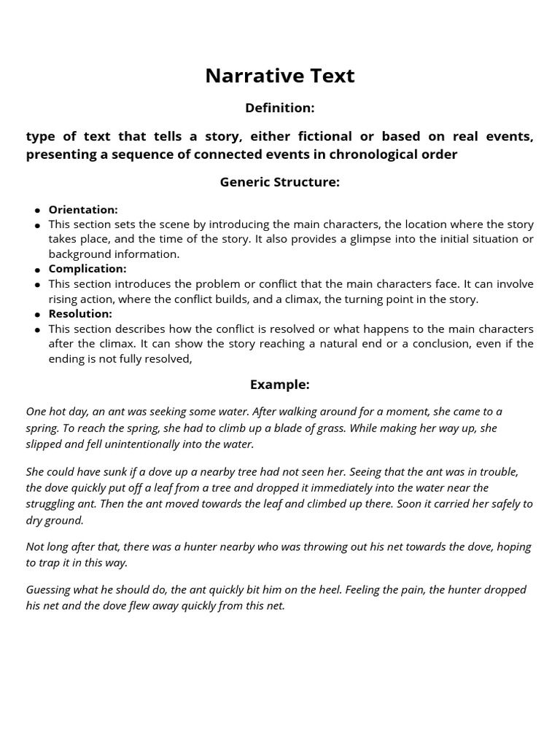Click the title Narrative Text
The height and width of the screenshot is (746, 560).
pos(279,76)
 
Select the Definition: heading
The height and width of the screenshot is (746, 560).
pos(279,108)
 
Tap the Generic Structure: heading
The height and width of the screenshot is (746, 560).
pos(279,182)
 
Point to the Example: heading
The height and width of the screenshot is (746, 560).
pos(279,385)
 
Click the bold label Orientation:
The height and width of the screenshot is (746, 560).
pos(83,210)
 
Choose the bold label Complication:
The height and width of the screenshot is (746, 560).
pos(87,269)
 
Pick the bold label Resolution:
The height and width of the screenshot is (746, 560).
pos(80,314)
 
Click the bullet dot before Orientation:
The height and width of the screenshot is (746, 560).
pos(37,211)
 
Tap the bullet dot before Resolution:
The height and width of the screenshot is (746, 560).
pos(37,315)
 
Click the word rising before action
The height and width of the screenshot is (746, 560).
pos(65,299)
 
